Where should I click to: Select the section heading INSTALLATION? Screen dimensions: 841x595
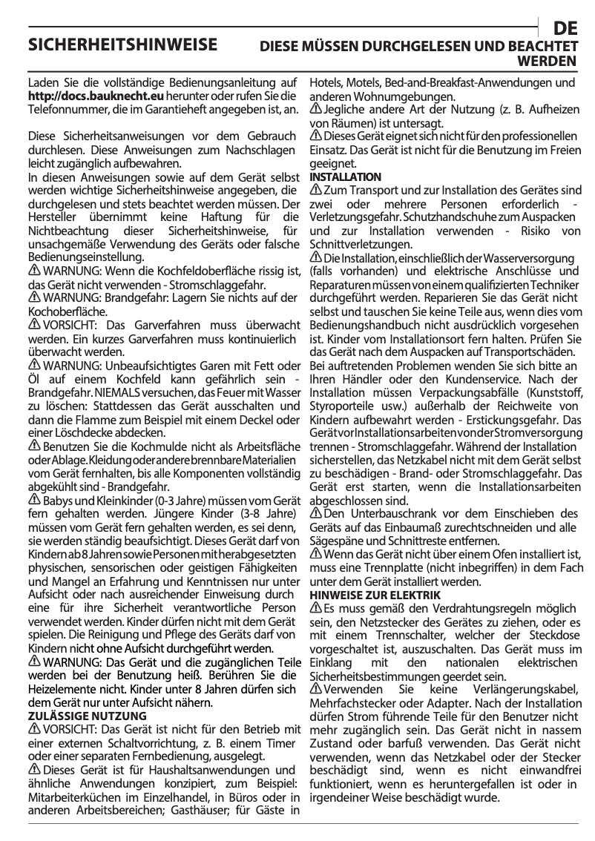pyautogui.click(x=345, y=177)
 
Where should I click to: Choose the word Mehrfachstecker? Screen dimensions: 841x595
pyautogui.click(x=352, y=703)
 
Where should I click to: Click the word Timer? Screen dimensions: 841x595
pyautogui.click(x=283, y=743)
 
